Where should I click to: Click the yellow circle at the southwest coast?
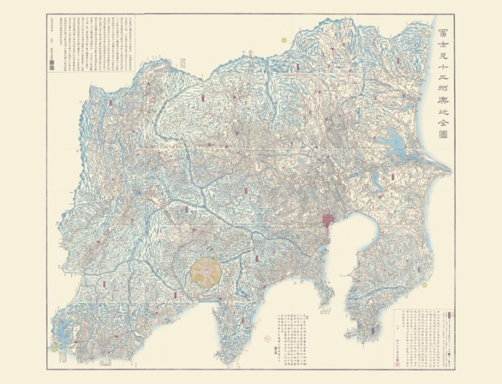click(x=55, y=348)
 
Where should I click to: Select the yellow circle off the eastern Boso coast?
click(x=424, y=284)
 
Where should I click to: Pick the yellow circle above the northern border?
click(x=284, y=40)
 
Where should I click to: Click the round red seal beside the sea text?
click(x=277, y=351)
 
